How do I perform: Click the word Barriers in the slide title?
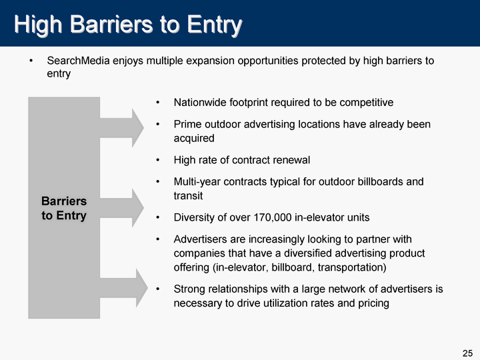pos(111,24)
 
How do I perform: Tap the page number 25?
pos(467,353)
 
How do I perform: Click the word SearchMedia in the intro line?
pos(79,61)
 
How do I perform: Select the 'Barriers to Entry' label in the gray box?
pos(64,208)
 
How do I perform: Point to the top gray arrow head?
pos(137,127)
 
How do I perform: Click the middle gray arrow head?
pos(137,208)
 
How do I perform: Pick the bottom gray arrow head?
pos(141,288)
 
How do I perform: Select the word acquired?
pos(194,139)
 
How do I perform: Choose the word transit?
pos(188,195)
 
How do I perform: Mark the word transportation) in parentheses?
pos(352,267)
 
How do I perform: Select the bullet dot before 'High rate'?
pos(157,160)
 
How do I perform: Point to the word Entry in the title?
pos(214,25)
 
